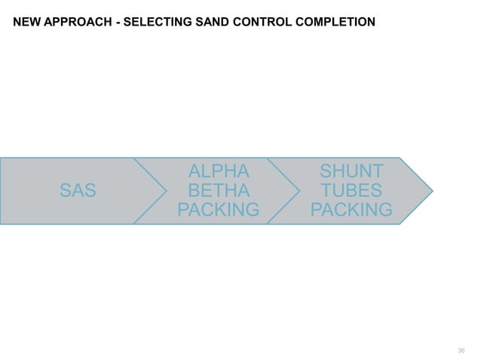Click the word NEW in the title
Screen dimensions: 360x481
pos(26,21)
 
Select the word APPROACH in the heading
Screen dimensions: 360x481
pos(78,21)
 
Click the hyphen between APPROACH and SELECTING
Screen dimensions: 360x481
pos(117,21)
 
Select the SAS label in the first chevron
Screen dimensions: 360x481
pos(78,191)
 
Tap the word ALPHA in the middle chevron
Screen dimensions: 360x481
pos(219,172)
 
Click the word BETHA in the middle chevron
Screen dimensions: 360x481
pos(219,191)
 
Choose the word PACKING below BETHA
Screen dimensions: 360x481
pos(219,209)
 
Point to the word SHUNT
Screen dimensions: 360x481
pos(351,172)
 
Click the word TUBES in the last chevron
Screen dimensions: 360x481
pos(351,191)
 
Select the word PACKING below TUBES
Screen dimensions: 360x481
pos(351,209)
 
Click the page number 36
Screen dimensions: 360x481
pos(461,351)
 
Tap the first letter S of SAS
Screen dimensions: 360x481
pos(66,191)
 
